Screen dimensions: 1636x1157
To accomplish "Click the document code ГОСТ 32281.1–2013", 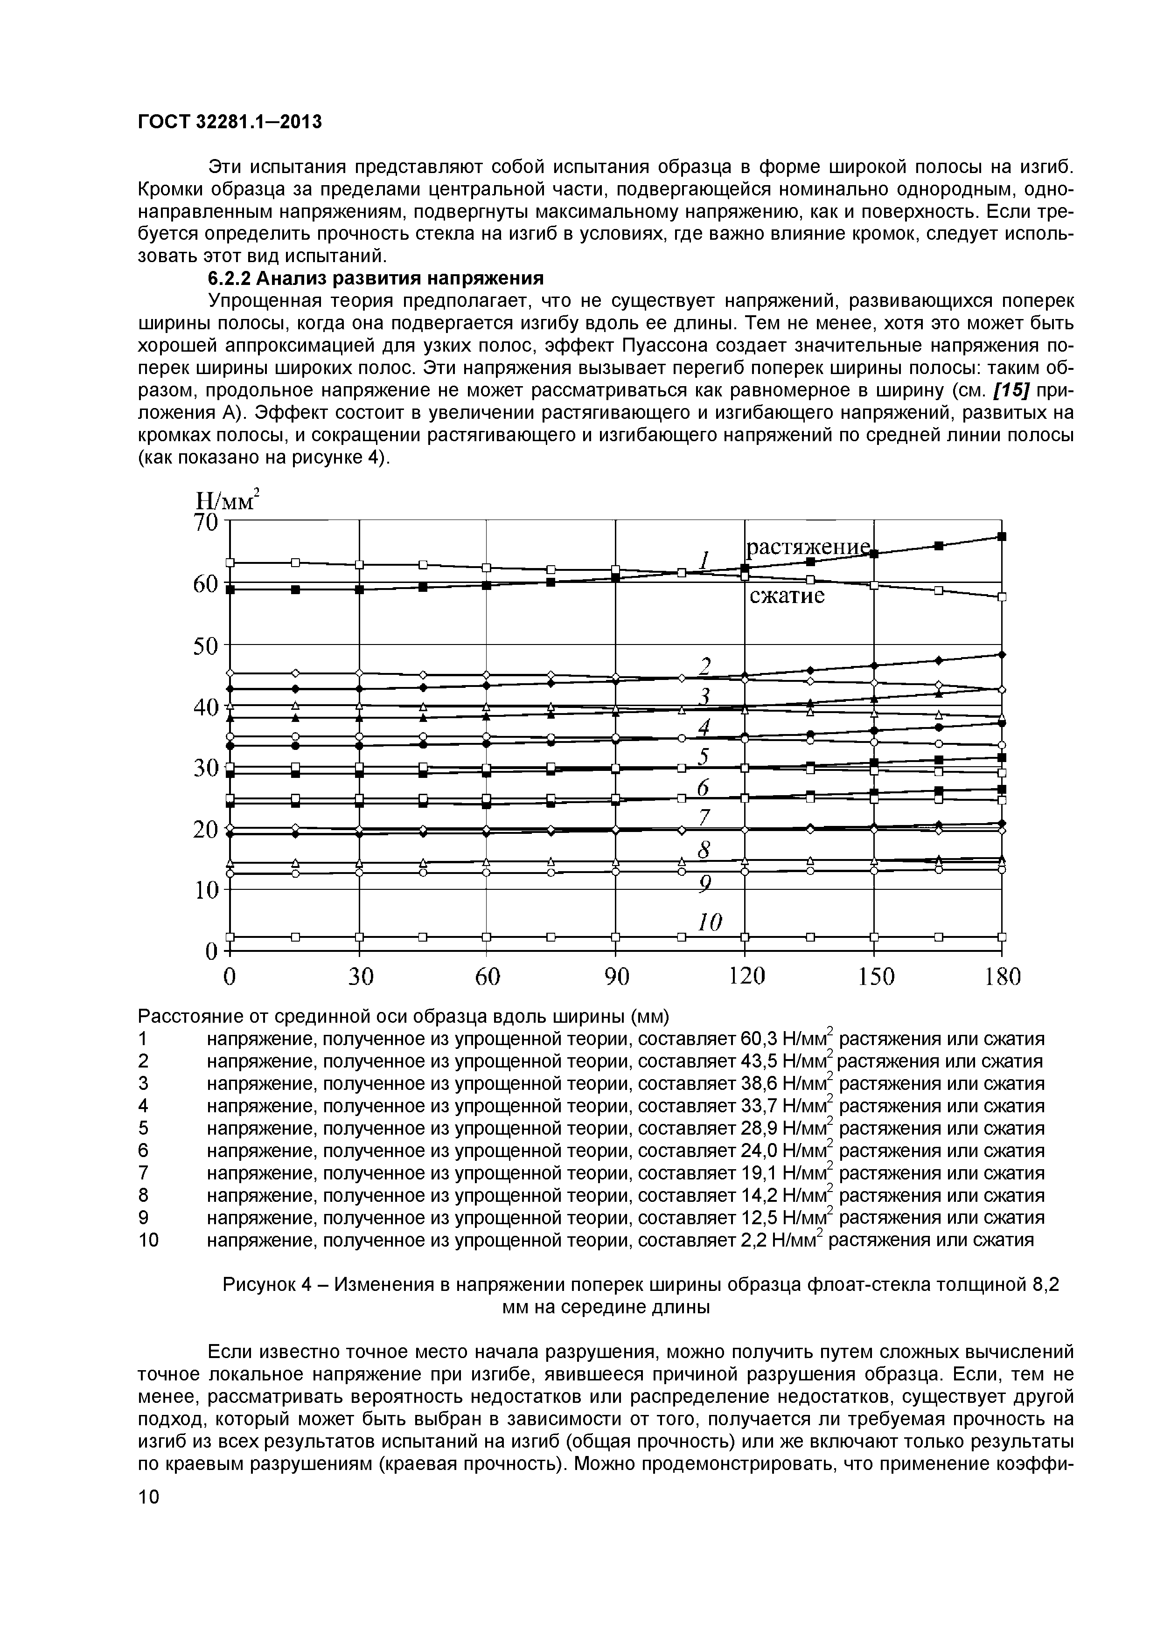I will pyautogui.click(x=230, y=123).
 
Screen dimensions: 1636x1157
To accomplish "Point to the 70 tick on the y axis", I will pyautogui.click(x=206, y=522).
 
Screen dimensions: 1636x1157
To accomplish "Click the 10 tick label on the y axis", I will pyautogui.click(x=206, y=889).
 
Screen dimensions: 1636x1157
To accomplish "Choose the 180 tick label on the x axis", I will pyautogui.click(x=1002, y=976).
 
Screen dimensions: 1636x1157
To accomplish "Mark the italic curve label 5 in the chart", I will pyautogui.click(x=704, y=757).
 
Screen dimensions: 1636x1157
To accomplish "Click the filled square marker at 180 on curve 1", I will pyautogui.click(x=1002, y=536).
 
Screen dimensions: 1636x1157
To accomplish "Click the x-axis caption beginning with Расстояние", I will pyautogui.click(x=404, y=1015).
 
